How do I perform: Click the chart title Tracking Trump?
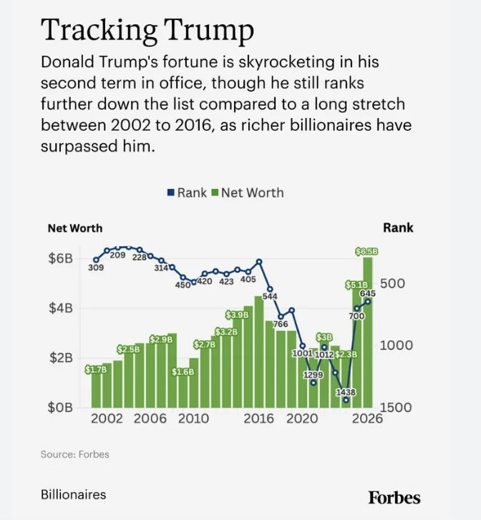tap(147, 31)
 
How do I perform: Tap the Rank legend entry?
tap(188, 192)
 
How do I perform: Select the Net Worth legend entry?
tap(248, 192)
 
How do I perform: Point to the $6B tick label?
tap(61, 258)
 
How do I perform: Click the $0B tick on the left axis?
tap(60, 407)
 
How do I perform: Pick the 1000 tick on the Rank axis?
tap(397, 345)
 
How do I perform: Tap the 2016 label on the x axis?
tap(258, 418)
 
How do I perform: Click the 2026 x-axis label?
tap(367, 418)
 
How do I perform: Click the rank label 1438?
tap(346, 392)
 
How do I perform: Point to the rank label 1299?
tap(314, 375)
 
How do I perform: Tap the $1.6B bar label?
tap(183, 372)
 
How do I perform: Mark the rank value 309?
tap(96, 268)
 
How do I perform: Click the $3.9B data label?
tap(237, 315)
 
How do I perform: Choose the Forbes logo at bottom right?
tap(394, 497)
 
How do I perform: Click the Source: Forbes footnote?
tap(74, 454)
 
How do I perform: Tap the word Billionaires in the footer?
tap(73, 494)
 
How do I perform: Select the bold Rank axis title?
tap(398, 228)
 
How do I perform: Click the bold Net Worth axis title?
tap(75, 228)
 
